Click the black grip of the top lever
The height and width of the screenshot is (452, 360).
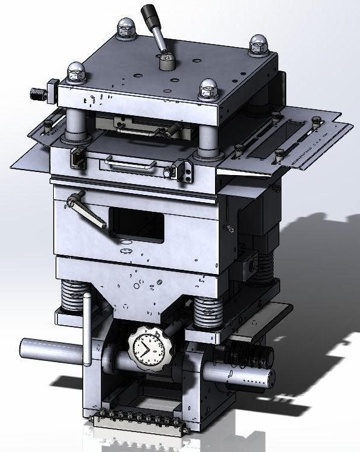149,13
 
